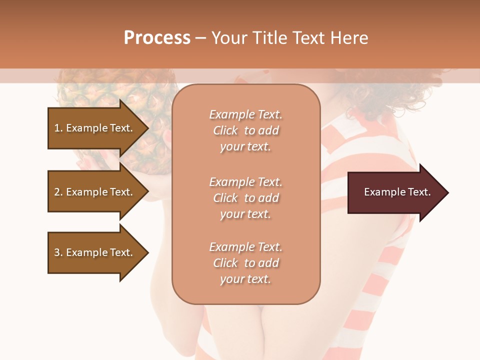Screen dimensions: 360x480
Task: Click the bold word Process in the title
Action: coord(157,38)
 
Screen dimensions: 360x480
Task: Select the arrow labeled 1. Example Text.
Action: coord(95,128)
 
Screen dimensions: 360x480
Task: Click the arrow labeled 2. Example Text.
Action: coord(95,192)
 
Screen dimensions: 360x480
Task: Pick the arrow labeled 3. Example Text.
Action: coord(95,252)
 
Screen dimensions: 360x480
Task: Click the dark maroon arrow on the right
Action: coord(395,192)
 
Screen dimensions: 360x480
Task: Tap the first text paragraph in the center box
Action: coord(245,130)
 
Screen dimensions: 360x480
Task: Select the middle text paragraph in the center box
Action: coord(245,198)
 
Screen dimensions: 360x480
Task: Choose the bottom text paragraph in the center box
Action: coord(245,263)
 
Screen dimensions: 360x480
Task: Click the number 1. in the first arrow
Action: coord(58,128)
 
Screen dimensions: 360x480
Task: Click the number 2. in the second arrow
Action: coord(58,192)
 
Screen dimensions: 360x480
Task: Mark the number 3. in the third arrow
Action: coord(58,252)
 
